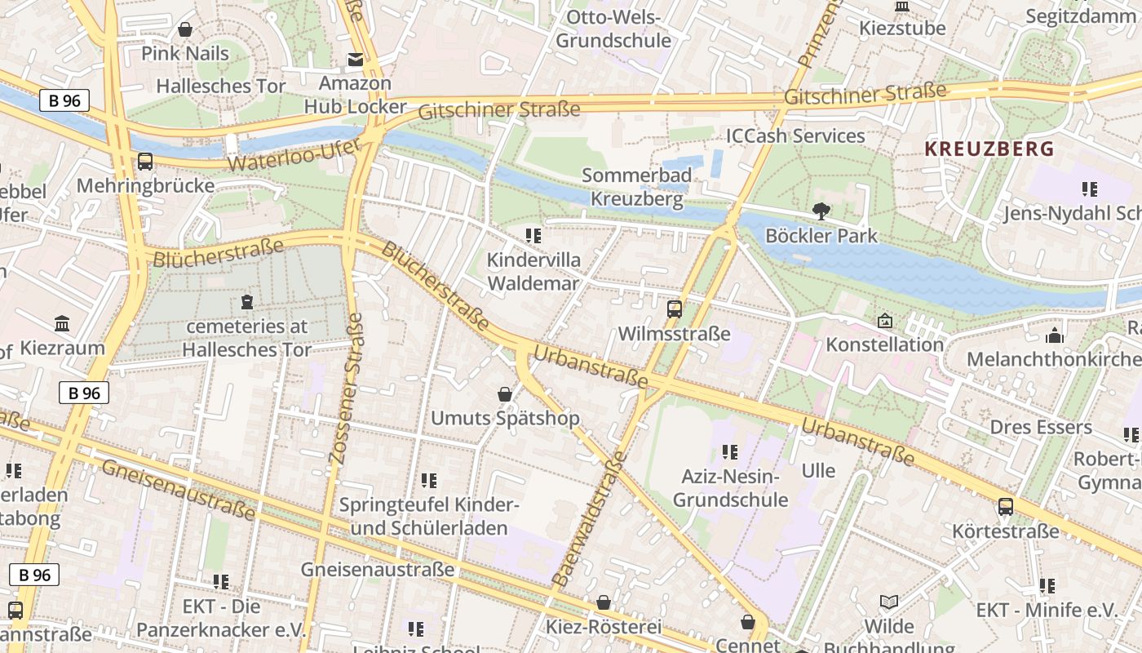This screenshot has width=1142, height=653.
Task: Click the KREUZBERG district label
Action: pyautogui.click(x=989, y=149)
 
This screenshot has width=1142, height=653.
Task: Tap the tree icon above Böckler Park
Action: pyautogui.click(x=821, y=211)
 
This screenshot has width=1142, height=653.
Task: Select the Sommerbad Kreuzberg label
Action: pyautogui.click(x=636, y=187)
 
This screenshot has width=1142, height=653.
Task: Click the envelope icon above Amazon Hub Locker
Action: pyautogui.click(x=355, y=59)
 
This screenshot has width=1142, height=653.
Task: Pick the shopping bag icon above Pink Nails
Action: pyautogui.click(x=185, y=29)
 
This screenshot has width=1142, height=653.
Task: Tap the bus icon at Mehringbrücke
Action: pyautogui.click(x=144, y=161)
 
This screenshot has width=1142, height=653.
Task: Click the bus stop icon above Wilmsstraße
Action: pyautogui.click(x=674, y=309)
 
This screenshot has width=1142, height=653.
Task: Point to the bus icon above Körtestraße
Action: pyautogui.click(x=1005, y=507)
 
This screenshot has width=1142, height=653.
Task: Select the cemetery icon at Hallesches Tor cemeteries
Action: pyautogui.click(x=246, y=302)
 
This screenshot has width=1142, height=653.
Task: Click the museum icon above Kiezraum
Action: pyautogui.click(x=62, y=323)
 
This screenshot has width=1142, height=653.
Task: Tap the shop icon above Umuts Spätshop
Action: pyautogui.click(x=504, y=394)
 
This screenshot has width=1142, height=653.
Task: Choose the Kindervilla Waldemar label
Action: pyautogui.click(x=533, y=272)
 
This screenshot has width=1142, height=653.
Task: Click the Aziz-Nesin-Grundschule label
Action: pyautogui.click(x=730, y=488)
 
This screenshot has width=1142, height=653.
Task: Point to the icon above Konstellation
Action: pyautogui.click(x=884, y=321)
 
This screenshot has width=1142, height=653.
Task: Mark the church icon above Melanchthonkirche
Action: pyautogui.click(x=1054, y=335)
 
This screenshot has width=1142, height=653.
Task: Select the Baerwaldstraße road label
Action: pyautogui.click(x=588, y=518)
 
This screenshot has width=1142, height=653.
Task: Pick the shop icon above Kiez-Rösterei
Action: pyautogui.click(x=603, y=602)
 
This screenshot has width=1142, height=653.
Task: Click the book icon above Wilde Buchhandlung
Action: pyautogui.click(x=888, y=602)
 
